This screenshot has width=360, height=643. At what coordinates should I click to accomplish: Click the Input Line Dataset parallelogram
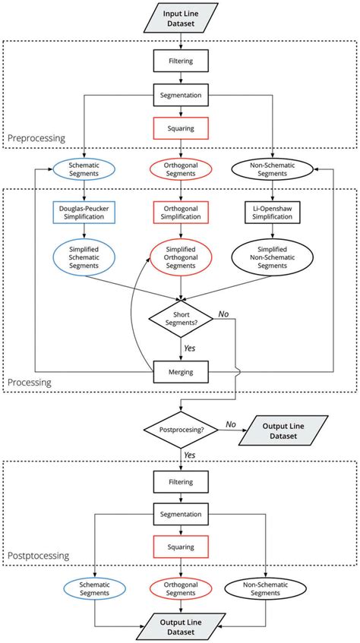coord(180,17)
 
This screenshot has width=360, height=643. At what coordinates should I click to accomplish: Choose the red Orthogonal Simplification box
coord(180,212)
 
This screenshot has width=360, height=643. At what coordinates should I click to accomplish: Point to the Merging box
coord(180,372)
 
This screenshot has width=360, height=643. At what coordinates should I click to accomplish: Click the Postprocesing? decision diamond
coord(180,430)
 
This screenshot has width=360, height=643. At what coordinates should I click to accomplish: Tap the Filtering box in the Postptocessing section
coord(180,481)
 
